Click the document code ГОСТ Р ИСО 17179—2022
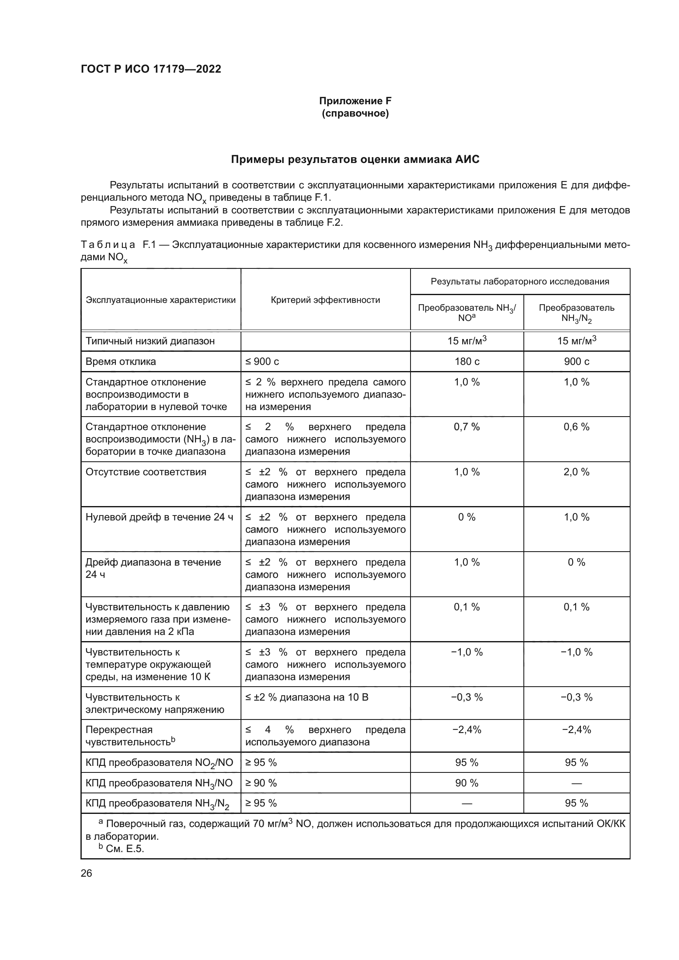point(151,69)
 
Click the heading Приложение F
point(355,101)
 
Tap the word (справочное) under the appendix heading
point(355,113)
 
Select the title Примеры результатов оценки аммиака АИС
point(355,159)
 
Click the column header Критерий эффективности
point(325,300)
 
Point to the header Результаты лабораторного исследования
point(520,282)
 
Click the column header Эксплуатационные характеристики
point(161,300)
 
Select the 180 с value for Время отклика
point(467,361)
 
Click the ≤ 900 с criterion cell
point(262,361)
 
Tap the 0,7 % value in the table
point(467,427)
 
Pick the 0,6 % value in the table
point(576,427)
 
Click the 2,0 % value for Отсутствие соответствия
point(576,472)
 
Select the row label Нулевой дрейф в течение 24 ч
point(159,517)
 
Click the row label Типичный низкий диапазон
point(150,341)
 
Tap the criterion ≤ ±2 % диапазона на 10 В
point(307,697)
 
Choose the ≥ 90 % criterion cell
point(261,783)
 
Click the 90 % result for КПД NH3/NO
point(467,783)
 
